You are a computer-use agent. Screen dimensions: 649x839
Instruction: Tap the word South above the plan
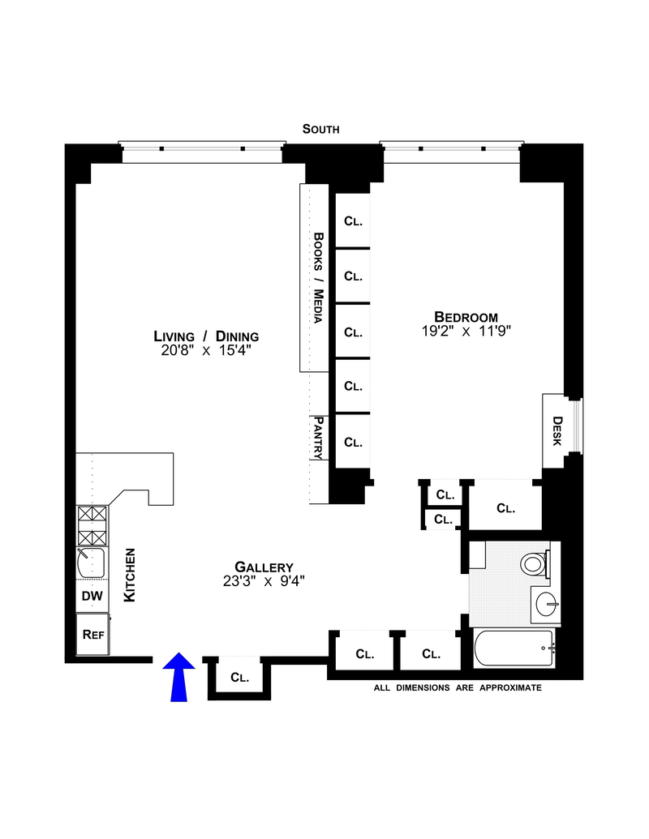[320, 129]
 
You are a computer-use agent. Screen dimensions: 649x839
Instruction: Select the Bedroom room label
[466, 316]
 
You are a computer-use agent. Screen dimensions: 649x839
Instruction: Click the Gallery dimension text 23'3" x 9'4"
[263, 580]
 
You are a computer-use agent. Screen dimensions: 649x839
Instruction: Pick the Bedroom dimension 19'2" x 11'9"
[466, 331]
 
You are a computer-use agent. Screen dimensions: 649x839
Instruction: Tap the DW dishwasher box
[92, 597]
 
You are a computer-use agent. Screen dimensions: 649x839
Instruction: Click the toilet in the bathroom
[535, 562]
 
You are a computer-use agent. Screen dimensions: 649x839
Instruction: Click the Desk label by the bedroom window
[557, 431]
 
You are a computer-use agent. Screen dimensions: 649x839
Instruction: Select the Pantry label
[319, 438]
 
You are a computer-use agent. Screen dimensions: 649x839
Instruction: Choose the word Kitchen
[129, 575]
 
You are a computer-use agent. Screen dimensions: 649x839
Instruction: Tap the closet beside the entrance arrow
[239, 676]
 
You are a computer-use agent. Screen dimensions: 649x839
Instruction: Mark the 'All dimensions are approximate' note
[457, 687]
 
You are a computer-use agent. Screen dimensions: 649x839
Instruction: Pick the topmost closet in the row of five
[352, 220]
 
